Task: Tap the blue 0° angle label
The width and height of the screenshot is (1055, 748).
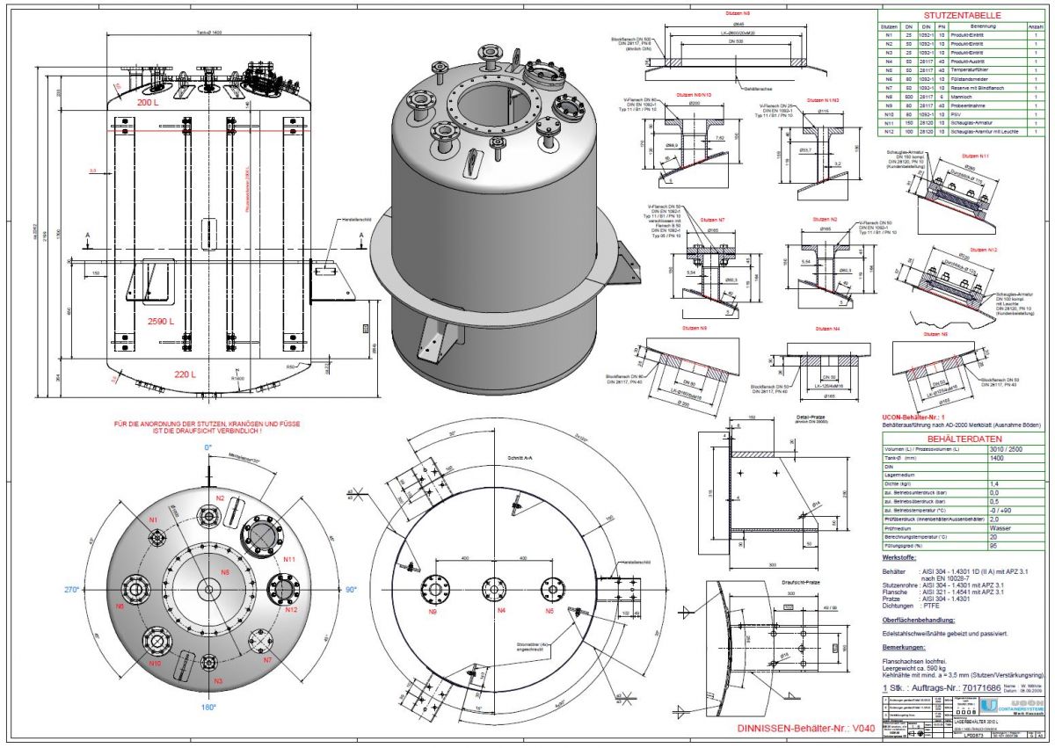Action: point(208,448)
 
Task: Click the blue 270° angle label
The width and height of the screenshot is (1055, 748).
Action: point(95,589)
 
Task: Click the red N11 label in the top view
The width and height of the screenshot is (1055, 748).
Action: point(288,556)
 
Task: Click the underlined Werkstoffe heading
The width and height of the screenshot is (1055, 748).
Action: point(900,557)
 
